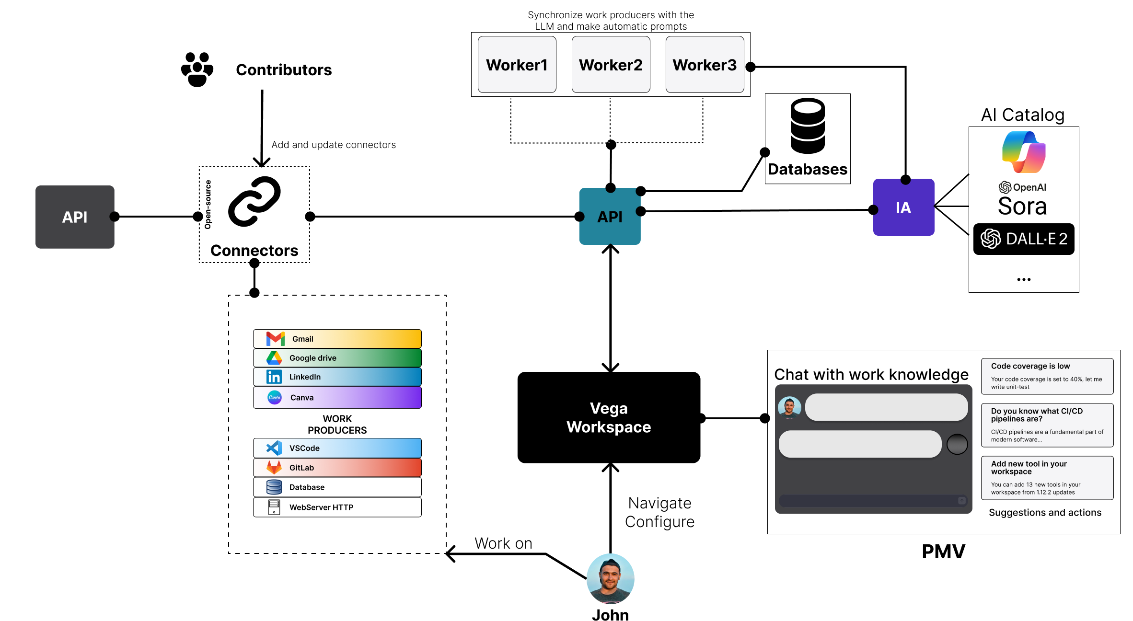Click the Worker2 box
pyautogui.click(x=611, y=65)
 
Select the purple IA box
pyautogui.click(x=903, y=207)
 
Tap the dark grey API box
pyautogui.click(x=75, y=217)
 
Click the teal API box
pyautogui.click(x=610, y=217)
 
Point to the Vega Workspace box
pyautogui.click(x=609, y=417)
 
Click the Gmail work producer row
pyautogui.click(x=337, y=339)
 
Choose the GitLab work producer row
pyautogui.click(x=337, y=468)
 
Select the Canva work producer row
pyautogui.click(x=337, y=397)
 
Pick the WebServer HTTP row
pyautogui.click(x=337, y=507)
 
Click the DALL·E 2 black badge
pyautogui.click(x=1024, y=239)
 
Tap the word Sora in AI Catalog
pyautogui.click(x=1022, y=207)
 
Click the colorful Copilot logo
pyautogui.click(x=1024, y=152)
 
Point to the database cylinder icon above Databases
pyautogui.click(x=808, y=126)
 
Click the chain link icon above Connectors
pyautogui.click(x=254, y=201)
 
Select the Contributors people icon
pyautogui.click(x=197, y=69)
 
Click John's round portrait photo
pyautogui.click(x=610, y=579)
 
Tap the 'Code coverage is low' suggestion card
pyautogui.click(x=1047, y=376)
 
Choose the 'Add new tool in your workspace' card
pyautogui.click(x=1047, y=478)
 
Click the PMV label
pyautogui.click(x=943, y=552)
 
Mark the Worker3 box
pyautogui.click(x=705, y=65)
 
